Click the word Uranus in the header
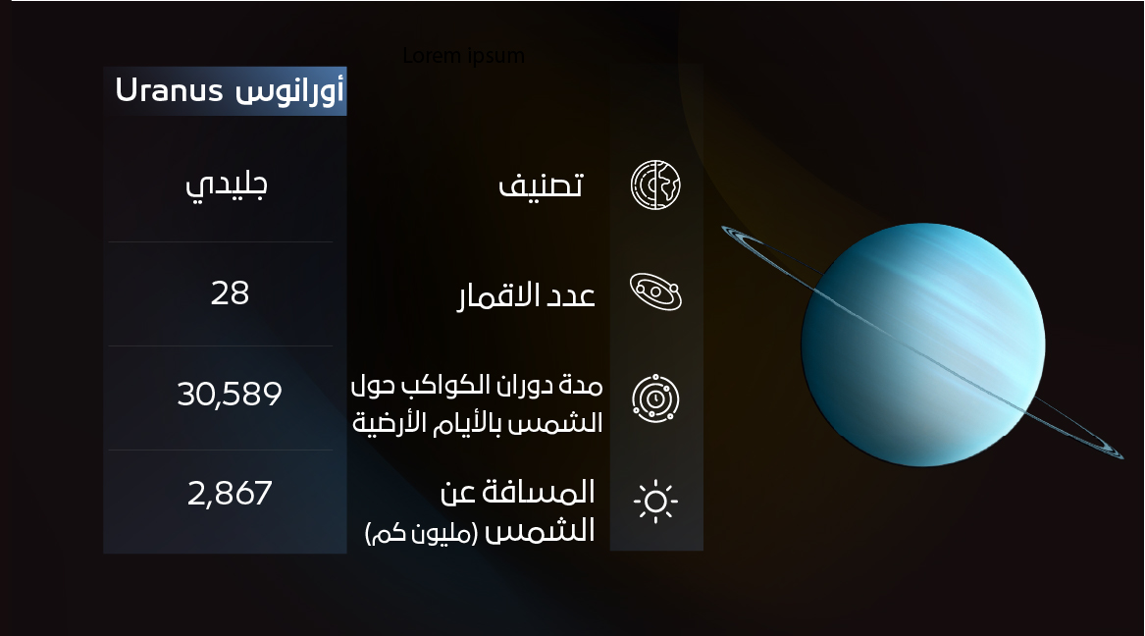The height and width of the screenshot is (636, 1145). pyautogui.click(x=171, y=91)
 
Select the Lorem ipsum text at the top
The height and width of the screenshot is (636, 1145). pyautogui.click(x=463, y=56)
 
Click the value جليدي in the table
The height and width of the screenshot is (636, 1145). pyautogui.click(x=227, y=185)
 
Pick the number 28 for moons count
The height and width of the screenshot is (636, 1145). pyautogui.click(x=230, y=292)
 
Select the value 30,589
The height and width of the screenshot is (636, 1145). pyautogui.click(x=230, y=395)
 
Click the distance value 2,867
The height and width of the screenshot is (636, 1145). pyautogui.click(x=230, y=493)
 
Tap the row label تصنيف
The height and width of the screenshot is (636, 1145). pyautogui.click(x=542, y=185)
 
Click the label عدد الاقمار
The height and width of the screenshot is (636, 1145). pyautogui.click(x=527, y=295)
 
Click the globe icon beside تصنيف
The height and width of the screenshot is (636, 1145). pyautogui.click(x=655, y=184)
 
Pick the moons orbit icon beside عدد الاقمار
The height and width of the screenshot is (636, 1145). pyautogui.click(x=655, y=291)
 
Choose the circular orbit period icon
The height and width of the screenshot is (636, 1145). pyautogui.click(x=655, y=398)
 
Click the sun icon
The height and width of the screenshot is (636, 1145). pyautogui.click(x=655, y=501)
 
